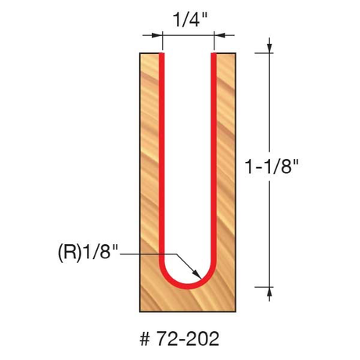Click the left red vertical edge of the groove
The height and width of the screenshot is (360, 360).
[x=162, y=157]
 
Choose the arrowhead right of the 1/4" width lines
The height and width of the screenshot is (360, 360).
[x=219, y=35]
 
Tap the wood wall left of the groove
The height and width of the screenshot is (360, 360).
[x=149, y=172]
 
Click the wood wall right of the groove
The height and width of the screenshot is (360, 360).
[x=225, y=172]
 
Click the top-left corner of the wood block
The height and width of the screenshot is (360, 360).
[x=140, y=54]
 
